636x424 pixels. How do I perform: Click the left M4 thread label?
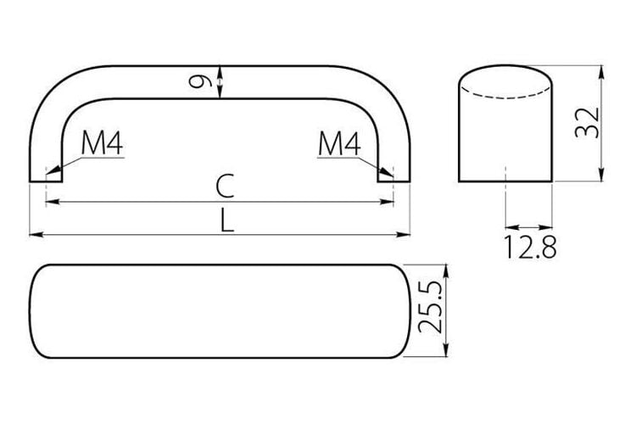[x=102, y=143]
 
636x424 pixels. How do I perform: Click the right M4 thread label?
[x=339, y=143]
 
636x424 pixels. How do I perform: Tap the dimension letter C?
[x=225, y=186]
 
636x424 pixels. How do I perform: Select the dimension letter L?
[x=227, y=220]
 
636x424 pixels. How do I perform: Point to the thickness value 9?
[x=200, y=82]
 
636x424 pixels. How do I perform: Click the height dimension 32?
[x=587, y=123]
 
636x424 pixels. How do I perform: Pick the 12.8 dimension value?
[x=530, y=246]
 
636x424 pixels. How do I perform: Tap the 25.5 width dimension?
[x=430, y=306]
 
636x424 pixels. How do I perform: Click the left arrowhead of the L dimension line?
[x=36, y=235]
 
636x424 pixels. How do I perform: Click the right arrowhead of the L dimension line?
[x=403, y=235]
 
